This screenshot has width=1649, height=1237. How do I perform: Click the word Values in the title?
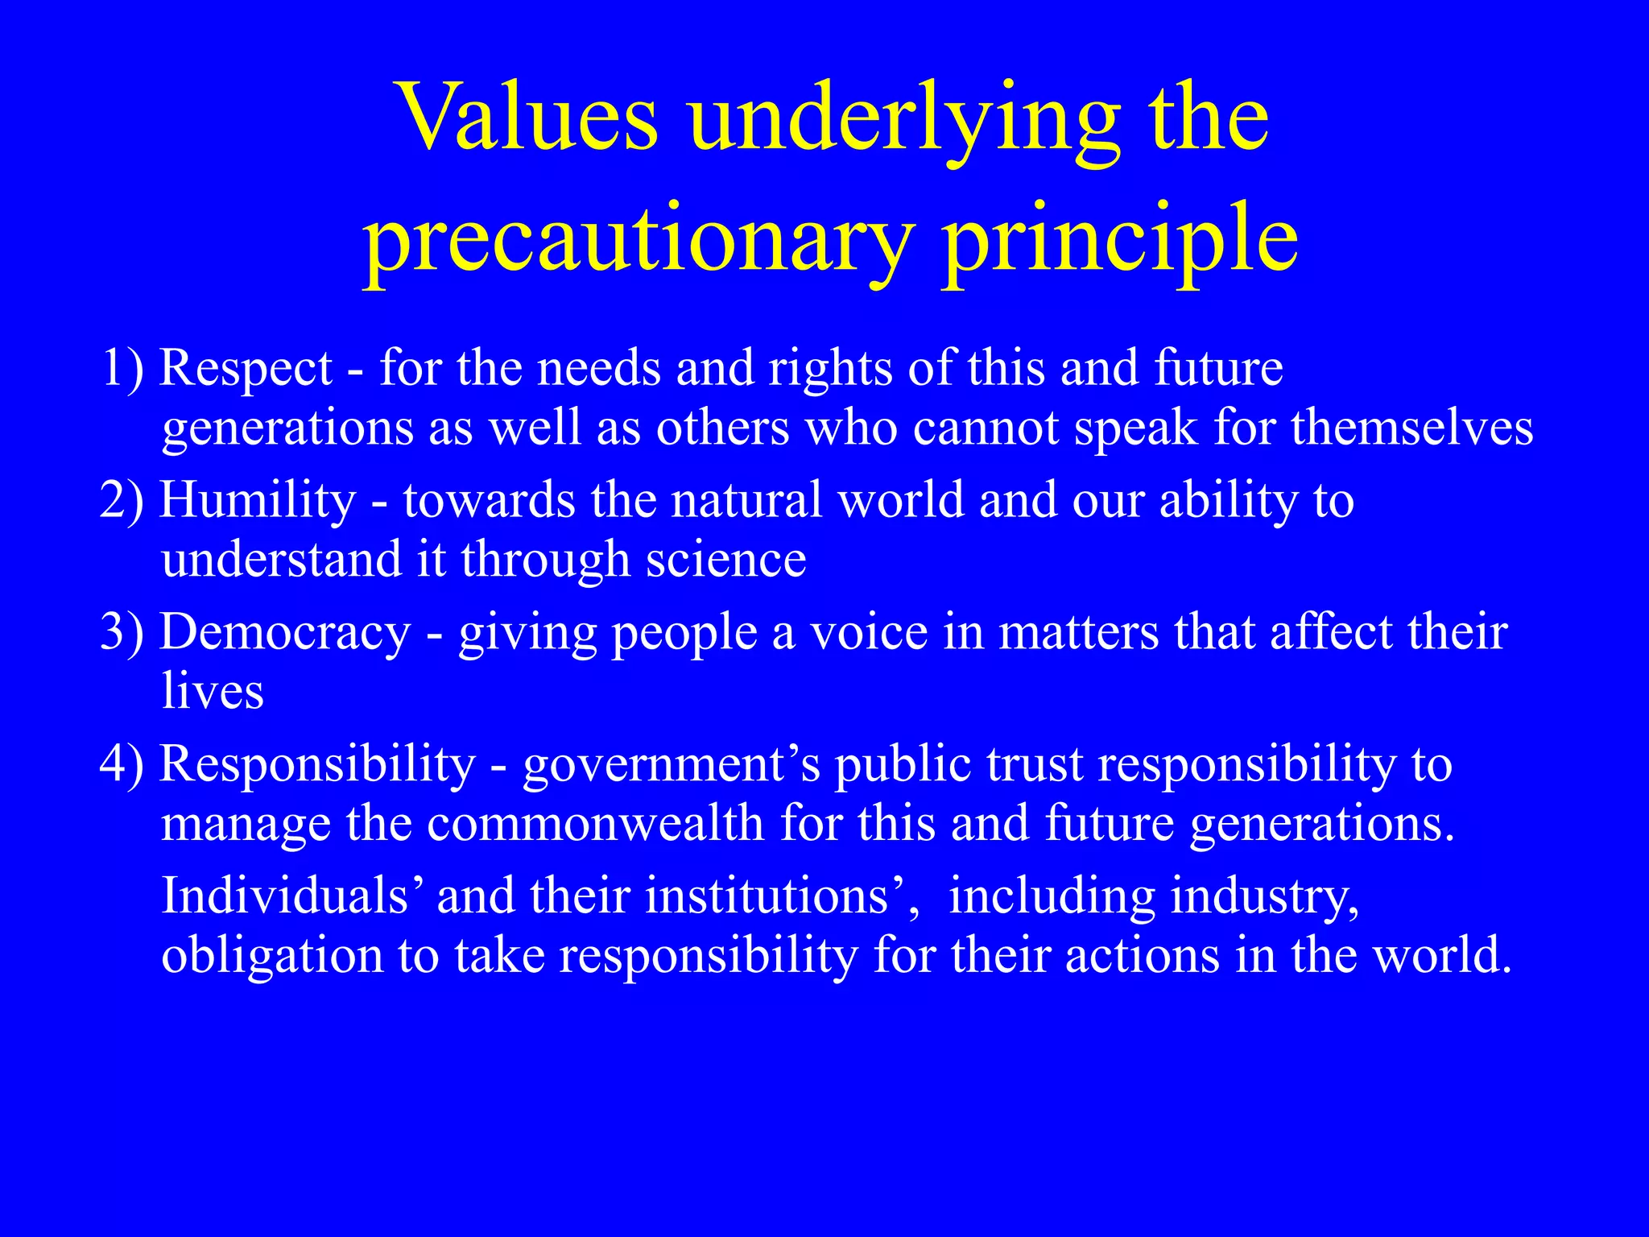tap(528, 118)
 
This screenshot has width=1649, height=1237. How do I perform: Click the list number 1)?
tap(122, 368)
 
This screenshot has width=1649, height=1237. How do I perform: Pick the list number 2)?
tap(122, 500)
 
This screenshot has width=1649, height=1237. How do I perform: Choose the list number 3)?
tap(122, 632)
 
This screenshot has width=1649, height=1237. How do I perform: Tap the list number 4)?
tap(122, 763)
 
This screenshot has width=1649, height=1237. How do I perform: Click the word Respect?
tap(246, 368)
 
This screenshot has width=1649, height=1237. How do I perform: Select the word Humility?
tap(258, 500)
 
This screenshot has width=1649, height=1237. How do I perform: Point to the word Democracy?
tap(285, 632)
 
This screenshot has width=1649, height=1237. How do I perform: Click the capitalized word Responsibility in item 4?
tap(318, 763)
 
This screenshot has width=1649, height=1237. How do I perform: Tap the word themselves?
tap(1412, 427)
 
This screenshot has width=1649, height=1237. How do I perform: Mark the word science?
tap(725, 559)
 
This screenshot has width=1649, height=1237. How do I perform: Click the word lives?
tap(213, 691)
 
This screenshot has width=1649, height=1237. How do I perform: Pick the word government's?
tap(672, 763)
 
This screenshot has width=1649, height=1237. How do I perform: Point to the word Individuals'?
tap(290, 895)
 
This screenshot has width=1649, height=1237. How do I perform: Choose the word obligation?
tap(272, 956)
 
